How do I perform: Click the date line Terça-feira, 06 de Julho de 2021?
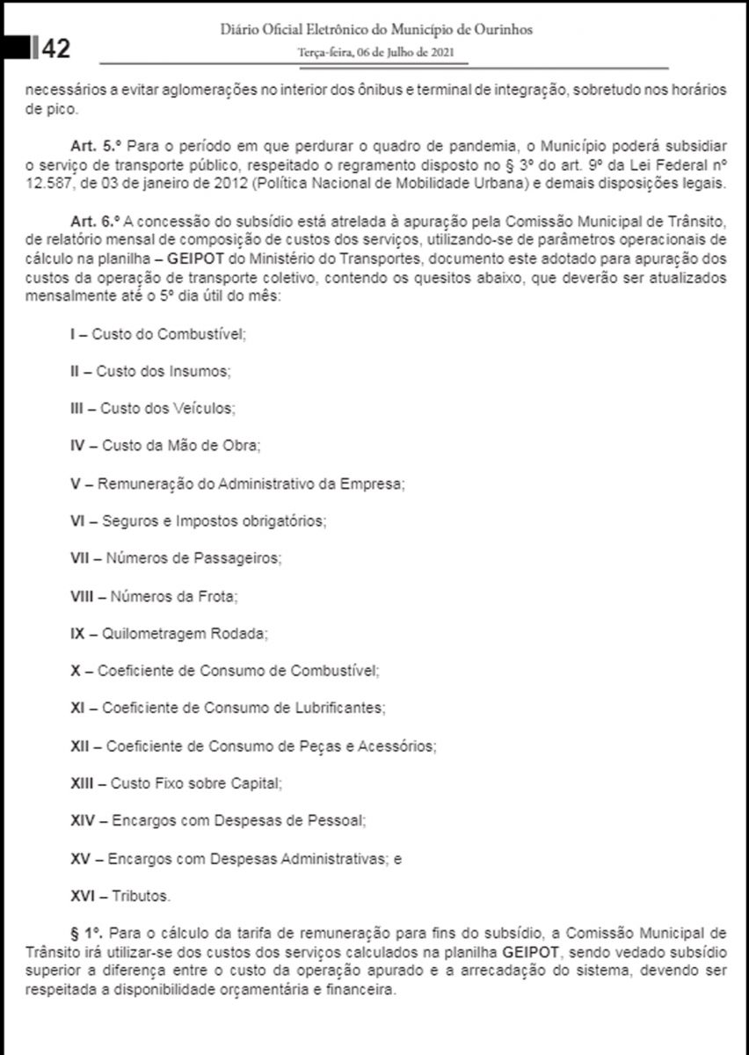pos(376,52)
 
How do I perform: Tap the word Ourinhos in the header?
pos(502,31)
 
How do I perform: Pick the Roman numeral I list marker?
pos(73,335)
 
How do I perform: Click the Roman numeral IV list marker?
pos(77,446)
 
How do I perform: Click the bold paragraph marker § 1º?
pos(87,932)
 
